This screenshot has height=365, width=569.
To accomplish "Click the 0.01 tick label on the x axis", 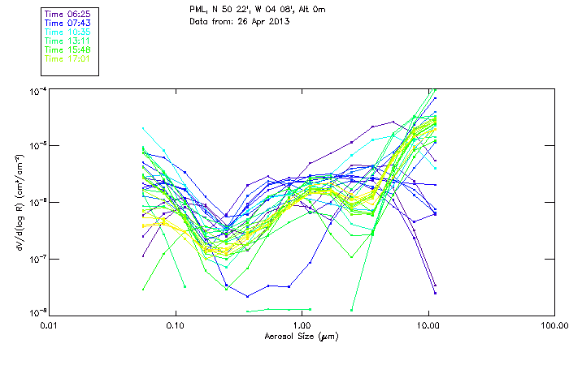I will point(50,325).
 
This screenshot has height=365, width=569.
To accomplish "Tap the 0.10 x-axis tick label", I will point(176,325).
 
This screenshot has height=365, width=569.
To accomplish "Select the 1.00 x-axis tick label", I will point(302,325).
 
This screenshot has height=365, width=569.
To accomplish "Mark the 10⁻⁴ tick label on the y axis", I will point(37,90).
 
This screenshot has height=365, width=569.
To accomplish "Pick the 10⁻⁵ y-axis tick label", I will point(37,146).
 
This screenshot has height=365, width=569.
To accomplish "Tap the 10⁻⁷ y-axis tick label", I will point(37,258).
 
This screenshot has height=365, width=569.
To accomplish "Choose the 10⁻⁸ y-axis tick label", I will point(37,312).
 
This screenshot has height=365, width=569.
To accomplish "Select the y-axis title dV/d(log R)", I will point(18,201).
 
